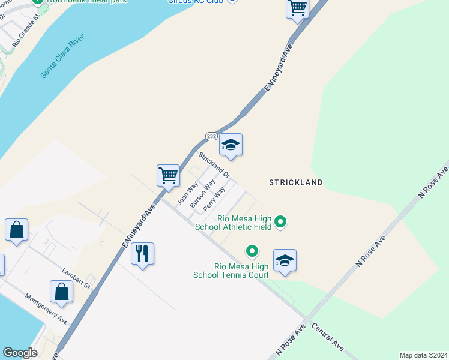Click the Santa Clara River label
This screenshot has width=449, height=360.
tap(62, 56)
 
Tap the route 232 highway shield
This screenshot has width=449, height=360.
tap(211, 136)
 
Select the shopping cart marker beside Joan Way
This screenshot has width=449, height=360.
tap(169, 175)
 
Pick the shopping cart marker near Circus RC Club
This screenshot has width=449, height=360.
tap(297, 8)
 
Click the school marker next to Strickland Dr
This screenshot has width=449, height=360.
tap(231, 145)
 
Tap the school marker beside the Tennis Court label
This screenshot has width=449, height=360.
tap(285, 261)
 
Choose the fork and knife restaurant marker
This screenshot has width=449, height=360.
tap(142, 254)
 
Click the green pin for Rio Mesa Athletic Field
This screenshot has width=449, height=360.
tap(280, 223)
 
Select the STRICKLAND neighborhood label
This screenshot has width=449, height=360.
tap(295, 182)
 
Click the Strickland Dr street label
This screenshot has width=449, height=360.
tap(214, 164)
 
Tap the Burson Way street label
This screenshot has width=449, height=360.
tap(202, 193)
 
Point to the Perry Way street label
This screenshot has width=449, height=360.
tap(214, 198)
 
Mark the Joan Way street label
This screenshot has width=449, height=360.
tap(188, 194)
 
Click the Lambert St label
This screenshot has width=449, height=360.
tap(75, 279)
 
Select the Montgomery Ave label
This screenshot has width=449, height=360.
tap(46, 309)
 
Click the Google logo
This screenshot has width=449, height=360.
tap(20, 353)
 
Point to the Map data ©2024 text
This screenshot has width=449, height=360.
tap(423, 355)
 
